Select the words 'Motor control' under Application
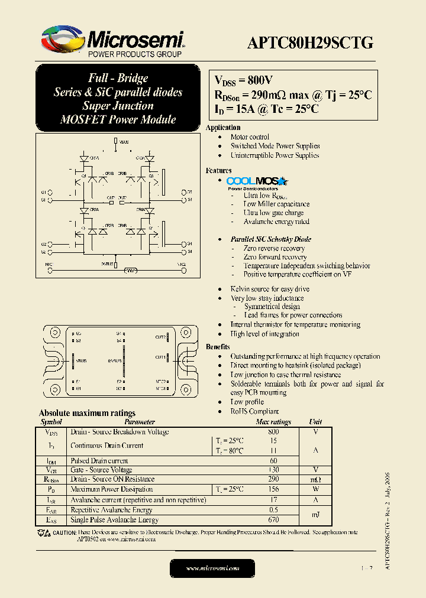(x=250, y=136)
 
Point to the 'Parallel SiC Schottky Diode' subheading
(x=271, y=239)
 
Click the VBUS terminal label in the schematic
(x=124, y=142)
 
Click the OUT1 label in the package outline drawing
(x=160, y=357)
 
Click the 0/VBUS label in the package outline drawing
(x=115, y=360)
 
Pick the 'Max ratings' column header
(x=273, y=422)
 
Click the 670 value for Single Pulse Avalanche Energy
(x=273, y=520)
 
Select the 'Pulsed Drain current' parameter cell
(x=99, y=460)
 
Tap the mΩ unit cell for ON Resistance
(x=315, y=479)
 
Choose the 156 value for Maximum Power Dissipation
(x=273, y=489)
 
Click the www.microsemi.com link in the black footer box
(x=212, y=568)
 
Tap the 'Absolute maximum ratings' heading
(x=87, y=413)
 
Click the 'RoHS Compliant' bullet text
(x=254, y=411)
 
